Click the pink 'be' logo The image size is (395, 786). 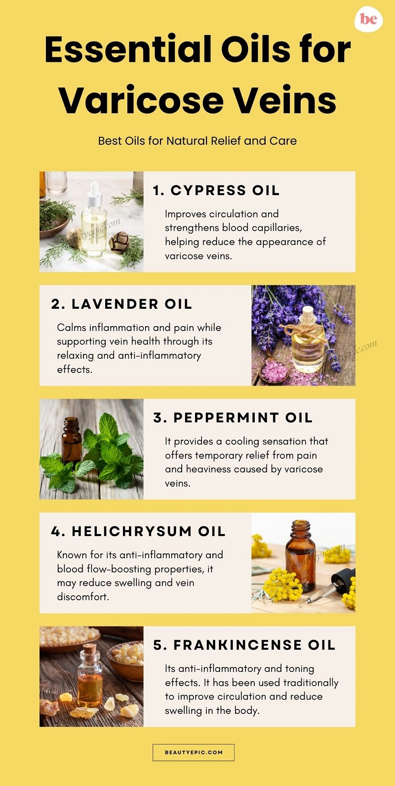pyautogui.click(x=368, y=20)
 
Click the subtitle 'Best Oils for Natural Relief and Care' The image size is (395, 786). pyautogui.click(x=197, y=141)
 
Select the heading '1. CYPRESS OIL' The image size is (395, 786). pyautogui.click(x=216, y=190)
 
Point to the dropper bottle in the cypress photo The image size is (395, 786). pyautogui.click(x=94, y=222)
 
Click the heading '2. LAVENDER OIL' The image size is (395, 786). pyautogui.click(x=121, y=304)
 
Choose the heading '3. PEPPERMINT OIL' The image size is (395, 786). pyautogui.click(x=233, y=417)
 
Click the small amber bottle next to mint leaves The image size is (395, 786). pyautogui.click(x=72, y=440)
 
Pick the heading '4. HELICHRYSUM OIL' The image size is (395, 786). pyautogui.click(x=138, y=531)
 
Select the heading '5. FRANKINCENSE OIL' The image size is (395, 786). pyautogui.click(x=244, y=645)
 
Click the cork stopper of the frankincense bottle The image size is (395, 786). pyautogui.click(x=89, y=648)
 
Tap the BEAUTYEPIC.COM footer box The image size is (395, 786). pyautogui.click(x=194, y=752)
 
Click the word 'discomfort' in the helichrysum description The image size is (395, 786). pyautogui.click(x=82, y=597)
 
